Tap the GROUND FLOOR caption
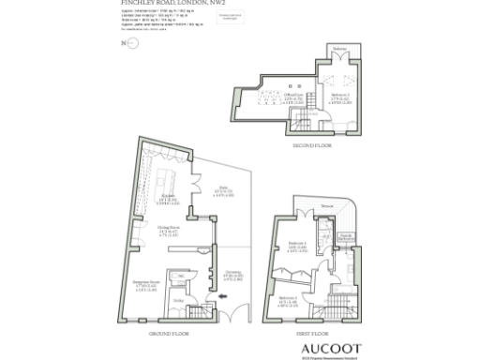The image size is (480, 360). [171, 333]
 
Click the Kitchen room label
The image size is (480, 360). [167, 197]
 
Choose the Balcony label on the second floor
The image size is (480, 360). [337, 49]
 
